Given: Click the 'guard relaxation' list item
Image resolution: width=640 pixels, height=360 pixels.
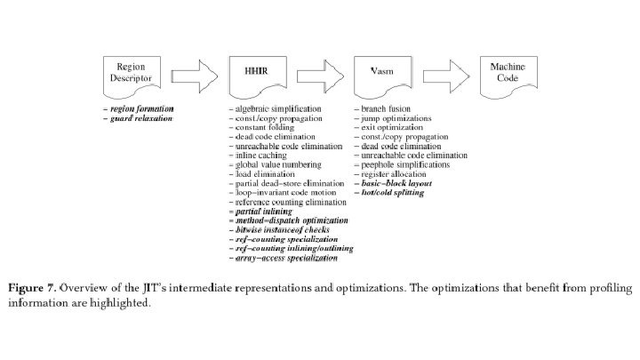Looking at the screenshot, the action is click(139, 118).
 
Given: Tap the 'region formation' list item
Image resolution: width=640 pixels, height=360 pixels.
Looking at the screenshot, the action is click(139, 108).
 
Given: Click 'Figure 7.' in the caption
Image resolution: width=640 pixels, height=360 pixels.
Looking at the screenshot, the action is click(32, 289).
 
